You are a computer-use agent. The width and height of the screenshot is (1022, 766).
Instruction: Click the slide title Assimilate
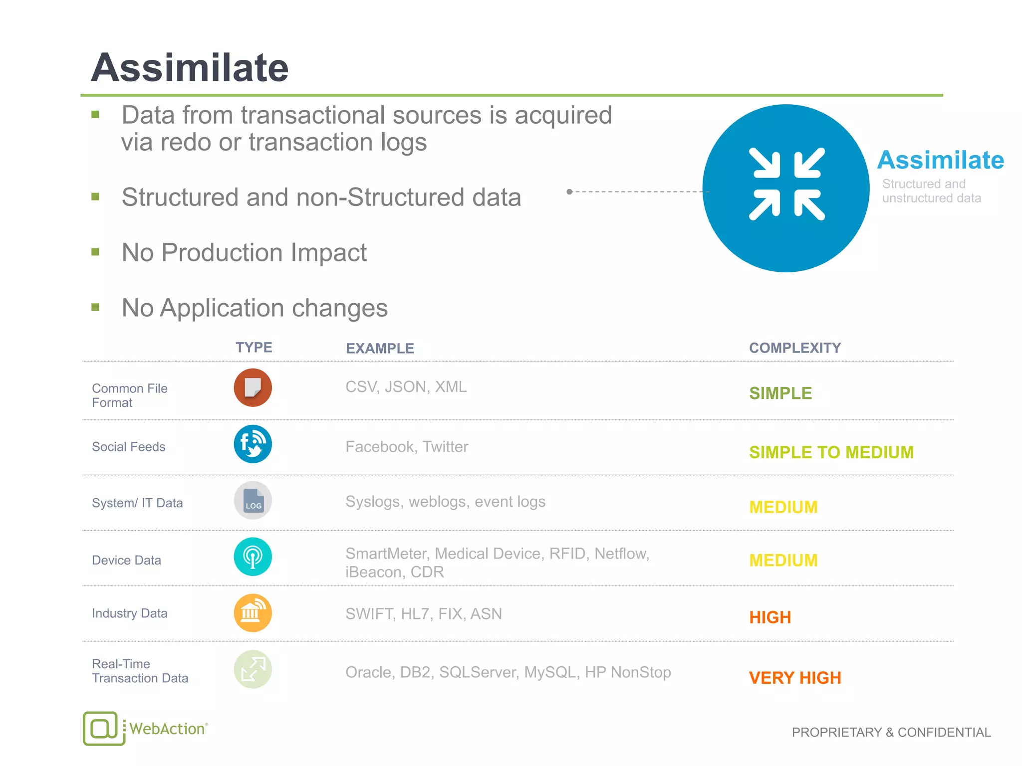click(190, 68)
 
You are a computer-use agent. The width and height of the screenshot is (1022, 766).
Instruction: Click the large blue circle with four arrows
click(786, 188)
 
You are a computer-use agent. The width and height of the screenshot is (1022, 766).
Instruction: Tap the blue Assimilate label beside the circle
click(940, 161)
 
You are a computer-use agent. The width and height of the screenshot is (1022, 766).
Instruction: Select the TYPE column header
click(254, 347)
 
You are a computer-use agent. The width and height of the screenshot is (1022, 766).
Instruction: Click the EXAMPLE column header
click(380, 348)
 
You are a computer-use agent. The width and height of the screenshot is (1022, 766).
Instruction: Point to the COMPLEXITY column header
click(794, 348)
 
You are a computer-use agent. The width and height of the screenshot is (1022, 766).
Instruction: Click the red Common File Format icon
click(253, 387)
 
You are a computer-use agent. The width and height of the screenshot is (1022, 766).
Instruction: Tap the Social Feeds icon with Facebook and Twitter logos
click(253, 444)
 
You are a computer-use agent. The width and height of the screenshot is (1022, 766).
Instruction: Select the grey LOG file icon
click(253, 500)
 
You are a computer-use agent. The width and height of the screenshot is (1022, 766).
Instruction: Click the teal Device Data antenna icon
click(253, 557)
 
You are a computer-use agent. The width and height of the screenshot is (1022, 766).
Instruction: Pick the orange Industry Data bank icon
click(253, 613)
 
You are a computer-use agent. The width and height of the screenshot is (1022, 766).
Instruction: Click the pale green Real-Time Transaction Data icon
click(253, 669)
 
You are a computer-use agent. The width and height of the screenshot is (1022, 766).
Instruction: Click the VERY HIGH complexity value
click(794, 678)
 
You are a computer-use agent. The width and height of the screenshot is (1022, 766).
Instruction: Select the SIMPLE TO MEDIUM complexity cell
click(831, 452)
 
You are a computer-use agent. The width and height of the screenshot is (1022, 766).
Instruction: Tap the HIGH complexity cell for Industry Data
click(769, 617)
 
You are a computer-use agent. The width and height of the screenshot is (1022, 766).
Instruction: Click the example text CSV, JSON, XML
click(406, 387)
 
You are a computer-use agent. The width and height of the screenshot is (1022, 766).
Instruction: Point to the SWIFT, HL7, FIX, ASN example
click(423, 613)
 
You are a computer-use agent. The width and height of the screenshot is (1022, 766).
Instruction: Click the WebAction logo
click(145, 728)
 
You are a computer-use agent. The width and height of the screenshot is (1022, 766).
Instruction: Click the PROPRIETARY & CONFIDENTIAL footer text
click(891, 732)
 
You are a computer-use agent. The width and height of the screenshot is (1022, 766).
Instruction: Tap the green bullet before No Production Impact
click(95, 252)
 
